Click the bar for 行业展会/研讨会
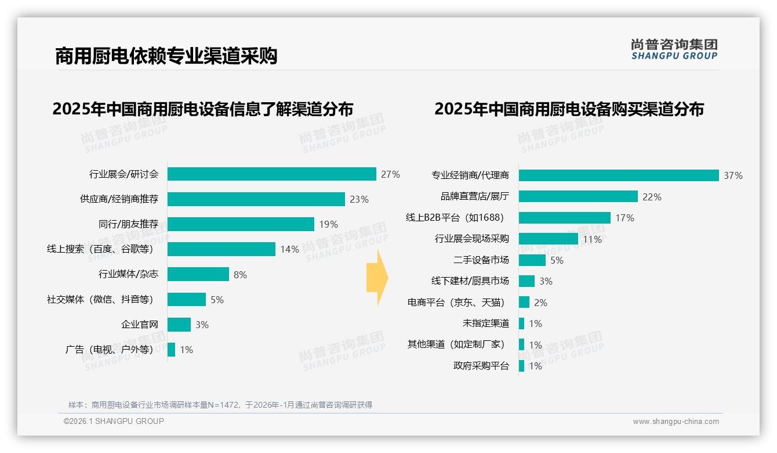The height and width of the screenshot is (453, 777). (271, 174)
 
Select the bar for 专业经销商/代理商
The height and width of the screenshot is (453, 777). (619, 175)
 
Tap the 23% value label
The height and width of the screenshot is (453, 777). (359, 199)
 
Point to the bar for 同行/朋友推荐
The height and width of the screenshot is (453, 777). (241, 224)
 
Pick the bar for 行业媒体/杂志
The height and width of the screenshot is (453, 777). (198, 274)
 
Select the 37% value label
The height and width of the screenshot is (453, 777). (733, 175)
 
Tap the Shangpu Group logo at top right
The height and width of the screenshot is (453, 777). (674, 49)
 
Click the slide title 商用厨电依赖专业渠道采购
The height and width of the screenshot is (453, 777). (166, 56)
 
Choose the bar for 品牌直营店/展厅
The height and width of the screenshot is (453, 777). (578, 197)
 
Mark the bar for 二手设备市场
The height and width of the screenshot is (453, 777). (532, 260)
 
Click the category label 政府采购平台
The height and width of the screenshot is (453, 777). (481, 366)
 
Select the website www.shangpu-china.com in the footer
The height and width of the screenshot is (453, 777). (676, 422)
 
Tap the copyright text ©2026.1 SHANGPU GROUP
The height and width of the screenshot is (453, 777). (114, 421)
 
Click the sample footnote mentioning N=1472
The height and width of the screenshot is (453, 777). (220, 405)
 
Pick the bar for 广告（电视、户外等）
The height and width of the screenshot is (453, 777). (171, 350)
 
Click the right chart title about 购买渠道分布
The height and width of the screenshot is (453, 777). (569, 109)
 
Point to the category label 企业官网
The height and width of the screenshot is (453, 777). (139, 325)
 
